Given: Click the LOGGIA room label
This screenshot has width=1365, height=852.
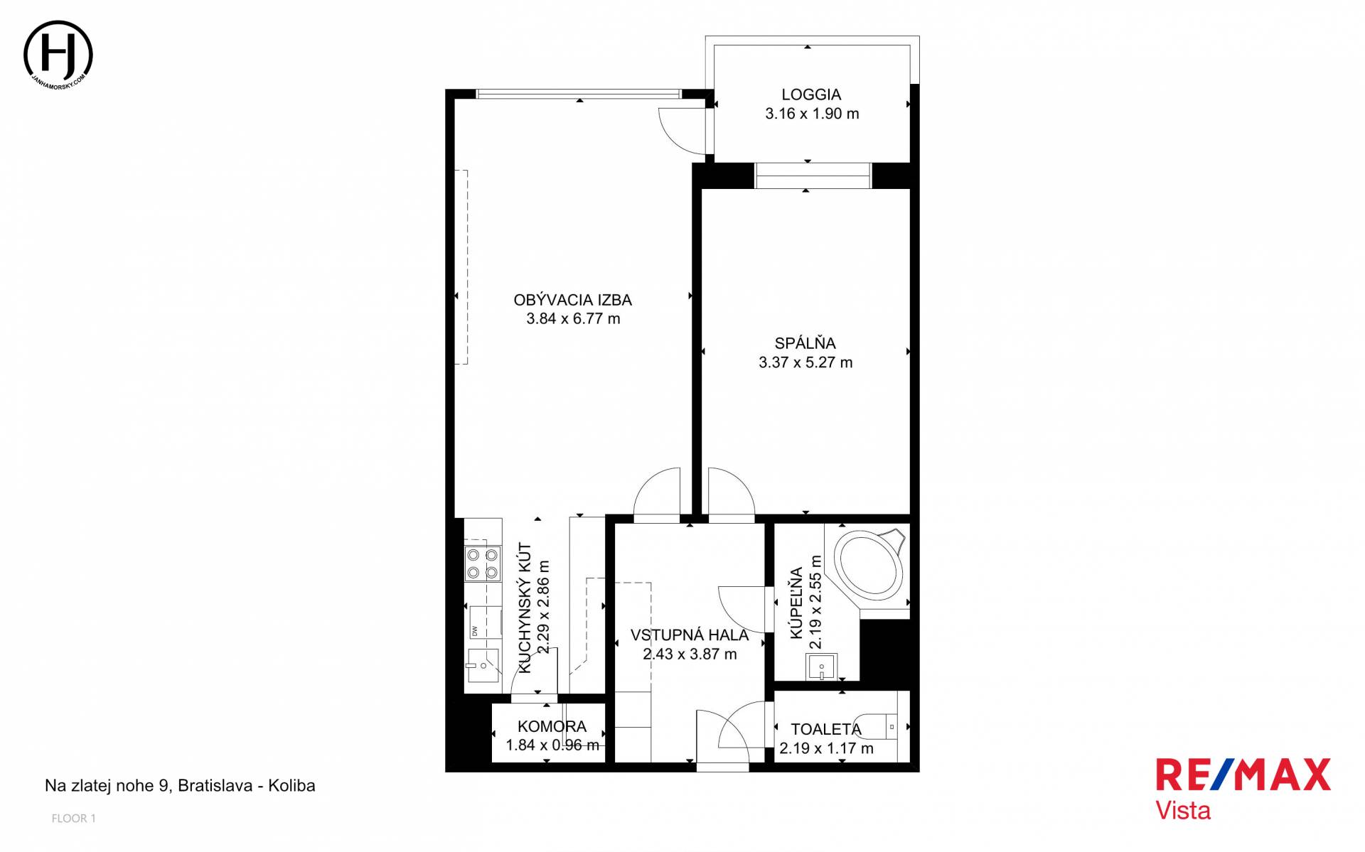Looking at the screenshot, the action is tap(811, 95).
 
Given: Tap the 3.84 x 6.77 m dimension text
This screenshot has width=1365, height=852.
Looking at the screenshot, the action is tap(573, 319).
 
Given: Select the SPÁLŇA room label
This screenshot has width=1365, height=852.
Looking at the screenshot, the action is tap(805, 343).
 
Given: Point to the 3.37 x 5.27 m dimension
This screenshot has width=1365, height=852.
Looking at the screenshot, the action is tap(805, 362).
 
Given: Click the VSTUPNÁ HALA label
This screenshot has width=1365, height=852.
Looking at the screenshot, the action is tap(690, 635).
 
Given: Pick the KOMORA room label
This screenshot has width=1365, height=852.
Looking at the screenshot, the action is tap(552, 726).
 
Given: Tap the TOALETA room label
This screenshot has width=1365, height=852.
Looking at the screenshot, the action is tap(826, 729).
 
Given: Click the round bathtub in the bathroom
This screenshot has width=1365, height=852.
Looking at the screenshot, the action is tap(869, 566).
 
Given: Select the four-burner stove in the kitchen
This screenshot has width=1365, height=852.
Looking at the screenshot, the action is tap(482, 563).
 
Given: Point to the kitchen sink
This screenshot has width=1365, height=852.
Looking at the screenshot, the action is tap(482, 665).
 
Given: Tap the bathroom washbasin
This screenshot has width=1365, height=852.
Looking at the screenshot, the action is tap(821, 667).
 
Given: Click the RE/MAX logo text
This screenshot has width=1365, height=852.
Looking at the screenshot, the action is tap(1243, 775).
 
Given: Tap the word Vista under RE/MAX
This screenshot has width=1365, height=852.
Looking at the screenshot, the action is tap(1183, 811).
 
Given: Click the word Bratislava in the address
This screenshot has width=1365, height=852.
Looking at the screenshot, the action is tap(215, 786).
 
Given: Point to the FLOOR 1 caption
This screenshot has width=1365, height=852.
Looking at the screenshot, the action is tap(73, 819).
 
